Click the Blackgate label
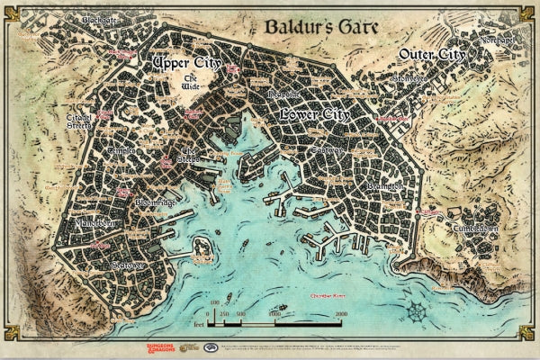coord(101,19)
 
